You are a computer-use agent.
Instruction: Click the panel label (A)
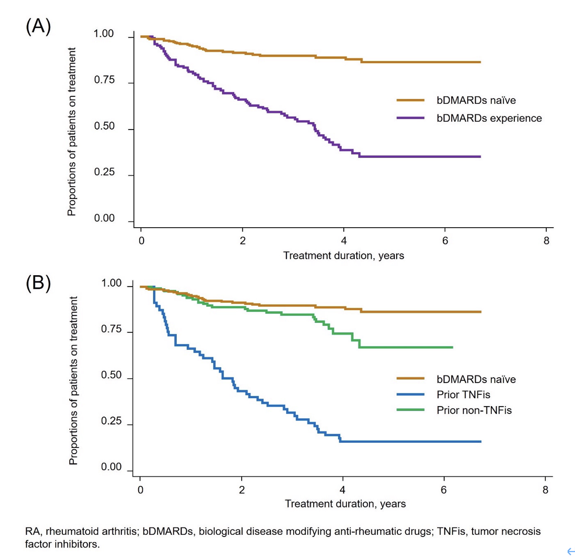[38, 26]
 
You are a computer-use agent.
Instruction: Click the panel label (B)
[38, 283]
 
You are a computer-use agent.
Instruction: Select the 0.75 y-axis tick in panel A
[104, 80]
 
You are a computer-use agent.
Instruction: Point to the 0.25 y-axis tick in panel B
[111, 421]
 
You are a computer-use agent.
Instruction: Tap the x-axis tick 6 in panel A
[445, 241]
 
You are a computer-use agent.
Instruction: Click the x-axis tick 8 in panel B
[545, 490]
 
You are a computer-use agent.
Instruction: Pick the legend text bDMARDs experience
[489, 119]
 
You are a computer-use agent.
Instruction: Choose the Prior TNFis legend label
[463, 395]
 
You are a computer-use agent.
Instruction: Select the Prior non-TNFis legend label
[474, 410]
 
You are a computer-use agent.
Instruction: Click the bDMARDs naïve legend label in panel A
[476, 100]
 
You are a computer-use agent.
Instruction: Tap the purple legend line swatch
[410, 118]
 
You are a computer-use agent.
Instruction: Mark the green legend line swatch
[410, 410]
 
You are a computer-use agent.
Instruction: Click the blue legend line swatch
[410, 395]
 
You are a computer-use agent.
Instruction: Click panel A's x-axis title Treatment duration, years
[343, 256]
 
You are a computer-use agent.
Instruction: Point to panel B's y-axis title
[73, 380]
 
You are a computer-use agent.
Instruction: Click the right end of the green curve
[452, 347]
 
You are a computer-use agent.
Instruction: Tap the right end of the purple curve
[480, 157]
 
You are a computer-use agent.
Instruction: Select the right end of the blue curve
[480, 442]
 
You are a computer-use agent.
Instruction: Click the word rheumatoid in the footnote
[67, 532]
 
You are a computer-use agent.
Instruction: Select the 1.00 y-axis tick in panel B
[111, 283]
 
